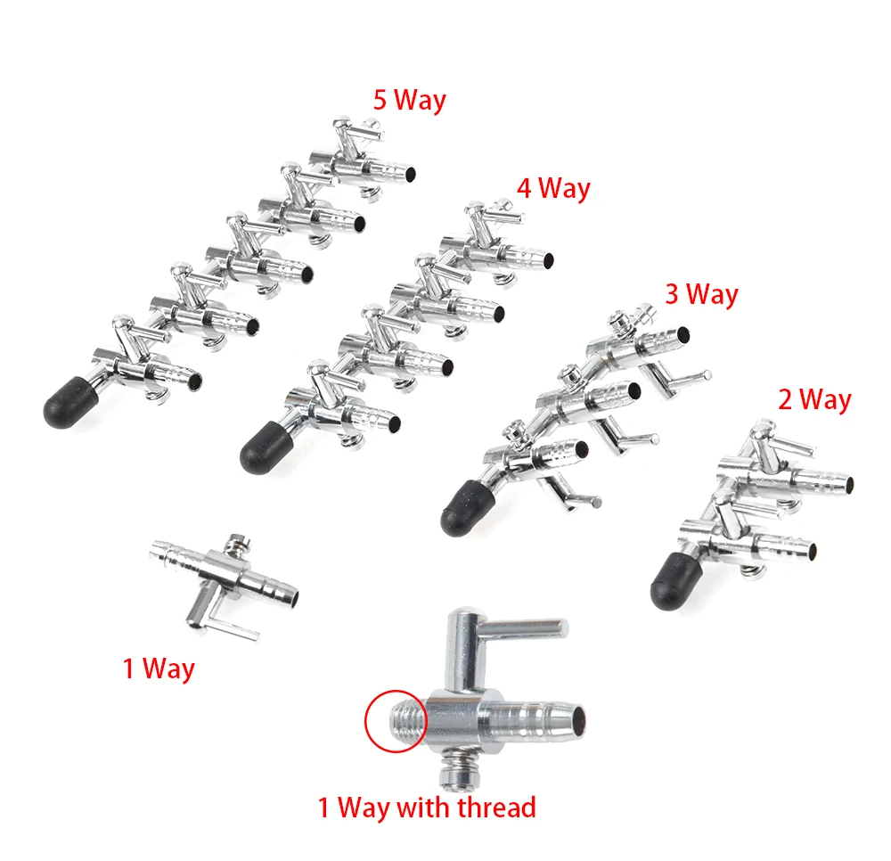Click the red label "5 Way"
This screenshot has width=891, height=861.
click(x=409, y=99)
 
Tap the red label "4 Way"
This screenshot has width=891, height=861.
click(x=553, y=188)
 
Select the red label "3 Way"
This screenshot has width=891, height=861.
click(x=701, y=294)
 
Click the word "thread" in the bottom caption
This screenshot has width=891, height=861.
click(x=492, y=808)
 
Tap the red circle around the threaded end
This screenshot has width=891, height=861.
click(x=394, y=720)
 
